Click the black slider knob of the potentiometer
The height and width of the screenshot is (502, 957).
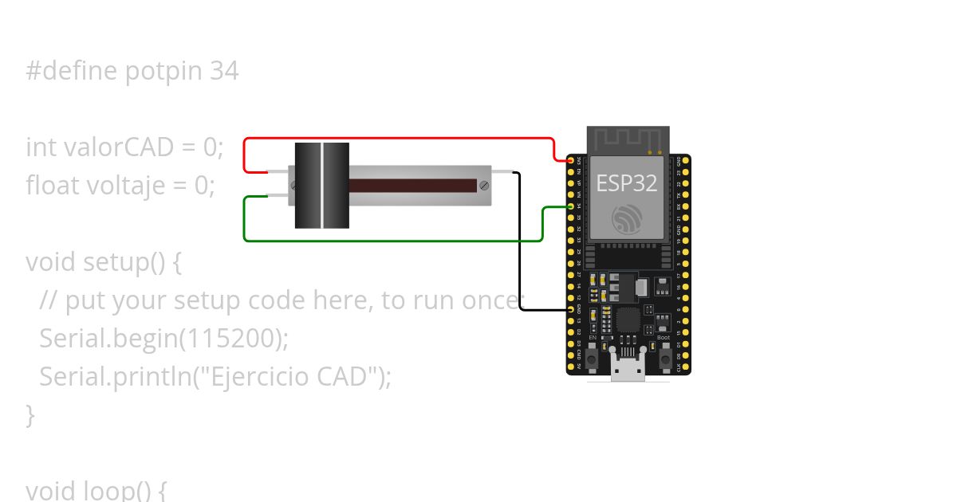point(322,186)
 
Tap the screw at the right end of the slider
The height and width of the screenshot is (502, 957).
point(483,186)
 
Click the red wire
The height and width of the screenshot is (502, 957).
point(399,139)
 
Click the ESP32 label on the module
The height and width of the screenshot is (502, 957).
point(626,182)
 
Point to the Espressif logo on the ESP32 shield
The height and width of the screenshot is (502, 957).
point(626,219)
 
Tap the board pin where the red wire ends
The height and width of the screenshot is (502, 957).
point(571,161)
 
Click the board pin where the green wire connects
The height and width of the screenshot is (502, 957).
point(571,206)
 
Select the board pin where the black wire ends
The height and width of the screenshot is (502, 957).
point(571,308)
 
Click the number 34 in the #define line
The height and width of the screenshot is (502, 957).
point(224,72)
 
